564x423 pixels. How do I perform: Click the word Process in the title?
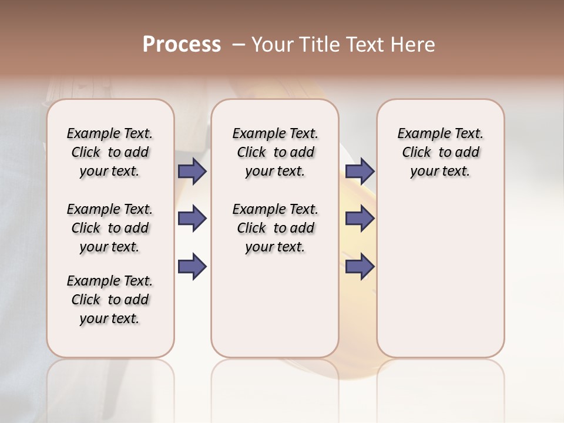point(182,45)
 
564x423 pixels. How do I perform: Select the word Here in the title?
point(414,45)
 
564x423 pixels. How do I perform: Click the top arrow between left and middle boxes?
point(192,171)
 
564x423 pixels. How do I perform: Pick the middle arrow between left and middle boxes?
point(192,219)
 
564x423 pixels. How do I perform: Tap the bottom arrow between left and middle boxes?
point(192,266)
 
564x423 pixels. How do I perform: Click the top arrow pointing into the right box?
point(360,171)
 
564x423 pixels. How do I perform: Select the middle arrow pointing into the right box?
point(360,219)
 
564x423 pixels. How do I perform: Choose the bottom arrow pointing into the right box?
point(360,266)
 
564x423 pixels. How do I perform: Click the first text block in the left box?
point(110,152)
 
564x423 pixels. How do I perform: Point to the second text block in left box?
point(110,228)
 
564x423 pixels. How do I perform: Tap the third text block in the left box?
point(110,300)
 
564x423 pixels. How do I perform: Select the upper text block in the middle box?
point(275,152)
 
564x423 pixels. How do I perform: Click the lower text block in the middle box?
point(275,228)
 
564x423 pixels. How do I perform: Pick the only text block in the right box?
point(440,152)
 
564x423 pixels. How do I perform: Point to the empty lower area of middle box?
point(275,305)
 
